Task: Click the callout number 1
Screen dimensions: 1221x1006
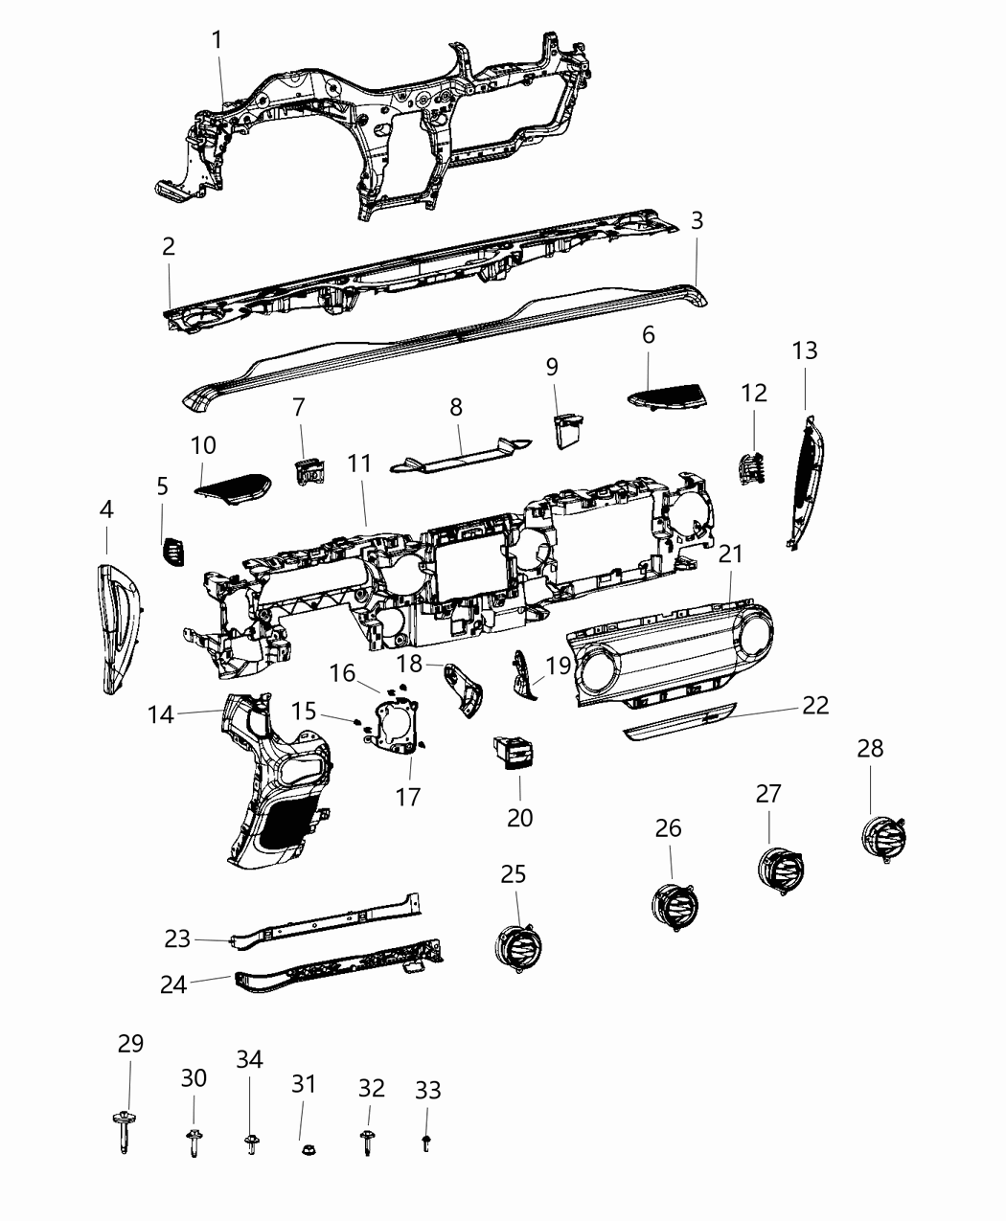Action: tap(217, 40)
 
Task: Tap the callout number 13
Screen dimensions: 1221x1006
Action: tap(805, 350)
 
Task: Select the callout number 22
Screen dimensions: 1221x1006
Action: tap(815, 705)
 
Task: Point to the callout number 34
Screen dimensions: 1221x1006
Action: tap(249, 1059)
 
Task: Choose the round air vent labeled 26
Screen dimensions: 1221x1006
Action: tap(676, 905)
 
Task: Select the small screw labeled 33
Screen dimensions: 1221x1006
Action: tap(426, 1141)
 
